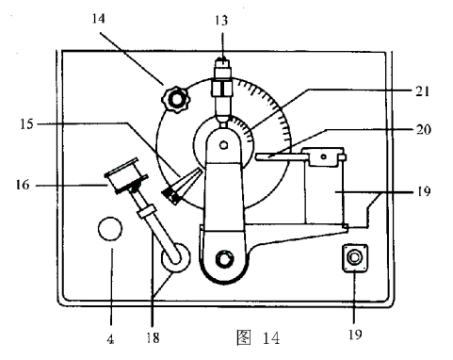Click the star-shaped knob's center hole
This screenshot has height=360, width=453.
tap(175, 100)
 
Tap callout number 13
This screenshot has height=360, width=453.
tap(221, 21)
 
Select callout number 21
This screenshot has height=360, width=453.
tap(423, 91)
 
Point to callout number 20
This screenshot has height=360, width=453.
tap(424, 129)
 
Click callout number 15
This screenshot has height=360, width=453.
tap(26, 124)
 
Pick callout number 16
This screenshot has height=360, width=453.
tap(23, 185)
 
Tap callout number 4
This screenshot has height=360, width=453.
tap(110, 339)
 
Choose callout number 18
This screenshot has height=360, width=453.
tap(153, 338)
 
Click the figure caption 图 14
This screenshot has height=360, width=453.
tap(258, 337)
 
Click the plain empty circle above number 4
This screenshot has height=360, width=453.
tap(110, 229)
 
